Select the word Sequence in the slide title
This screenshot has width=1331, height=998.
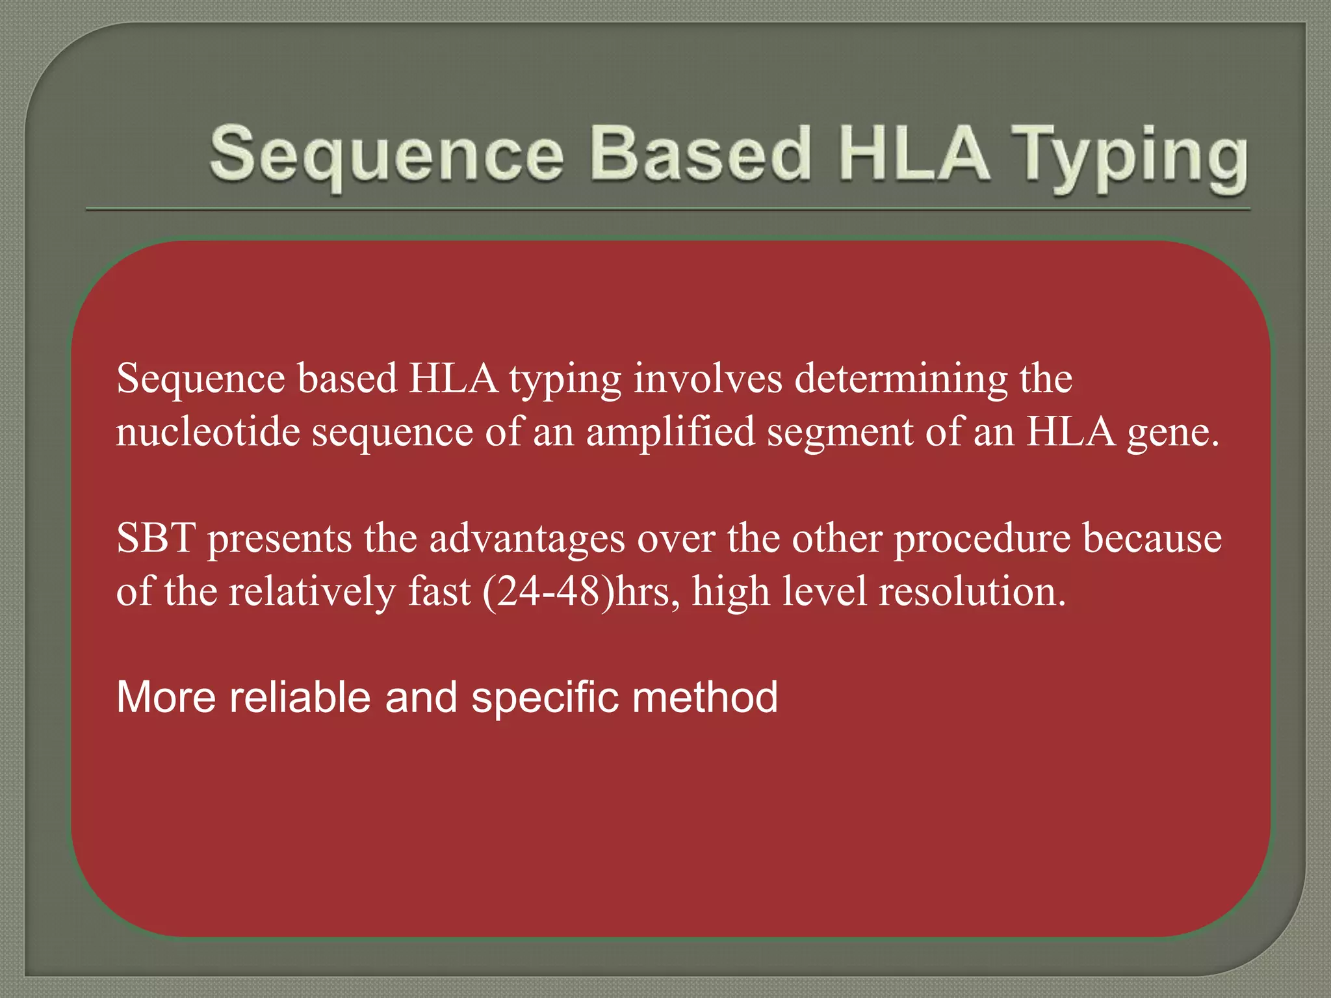coord(387,156)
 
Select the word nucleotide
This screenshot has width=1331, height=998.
coord(208,431)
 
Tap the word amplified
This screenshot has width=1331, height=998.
coord(671,431)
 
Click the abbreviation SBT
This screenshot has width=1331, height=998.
coord(156,538)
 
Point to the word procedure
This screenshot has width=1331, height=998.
coord(982,539)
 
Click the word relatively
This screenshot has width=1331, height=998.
coord(312,592)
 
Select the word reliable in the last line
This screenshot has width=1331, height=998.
coord(299,697)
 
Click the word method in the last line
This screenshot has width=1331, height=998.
coord(704,697)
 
